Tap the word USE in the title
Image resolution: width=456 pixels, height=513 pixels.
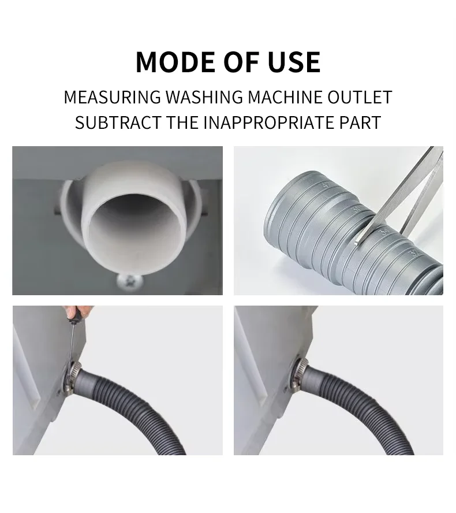pos(294,62)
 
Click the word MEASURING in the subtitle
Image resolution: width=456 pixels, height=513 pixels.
pos(112,97)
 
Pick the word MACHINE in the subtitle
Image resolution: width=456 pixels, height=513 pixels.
pos(285,97)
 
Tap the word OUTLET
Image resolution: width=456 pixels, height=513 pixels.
pos(360,97)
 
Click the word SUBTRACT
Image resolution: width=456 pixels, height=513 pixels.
pos(118,122)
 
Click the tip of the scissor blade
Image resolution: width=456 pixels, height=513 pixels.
pos(357,243)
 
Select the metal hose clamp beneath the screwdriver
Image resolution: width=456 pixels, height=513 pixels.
pos(72,377)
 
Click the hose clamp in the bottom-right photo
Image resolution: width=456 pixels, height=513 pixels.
pos(299,374)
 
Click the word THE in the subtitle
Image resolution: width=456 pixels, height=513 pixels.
pos(182,122)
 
